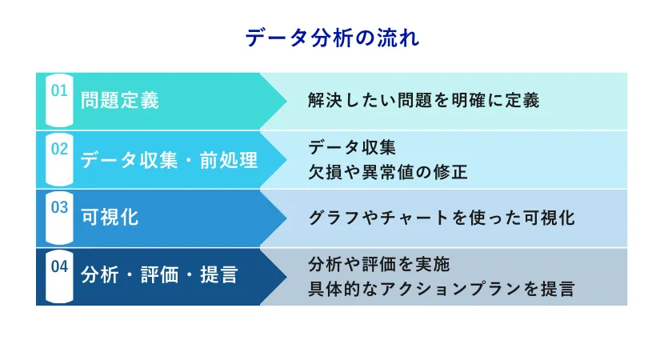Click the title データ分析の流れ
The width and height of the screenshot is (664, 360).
coord(333,38)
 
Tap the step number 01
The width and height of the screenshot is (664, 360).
coord(59,90)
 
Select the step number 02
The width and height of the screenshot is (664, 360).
coord(59,149)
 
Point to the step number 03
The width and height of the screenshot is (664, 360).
coord(59,207)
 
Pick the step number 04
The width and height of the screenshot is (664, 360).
coord(59,266)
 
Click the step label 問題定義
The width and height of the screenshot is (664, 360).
coord(120,100)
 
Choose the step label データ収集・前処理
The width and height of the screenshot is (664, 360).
coord(169,160)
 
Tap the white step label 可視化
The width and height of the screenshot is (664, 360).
coord(110,218)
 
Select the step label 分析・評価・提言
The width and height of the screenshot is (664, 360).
coord(159,275)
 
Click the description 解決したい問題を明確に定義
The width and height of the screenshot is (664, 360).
coord(423,100)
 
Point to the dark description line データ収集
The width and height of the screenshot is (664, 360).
coord(352,147)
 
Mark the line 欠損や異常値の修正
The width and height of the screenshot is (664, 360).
coord(387,172)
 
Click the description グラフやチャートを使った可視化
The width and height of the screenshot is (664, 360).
coord(442,218)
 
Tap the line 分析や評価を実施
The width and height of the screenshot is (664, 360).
coord(379,264)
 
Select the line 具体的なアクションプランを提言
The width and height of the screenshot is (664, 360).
coord(442,289)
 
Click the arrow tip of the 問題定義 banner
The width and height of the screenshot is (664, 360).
coord(286,101)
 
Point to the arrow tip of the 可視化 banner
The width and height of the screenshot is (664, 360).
coord(286,218)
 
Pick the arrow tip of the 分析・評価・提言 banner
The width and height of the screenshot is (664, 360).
coord(286,277)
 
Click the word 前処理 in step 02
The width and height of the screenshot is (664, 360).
coord(229,160)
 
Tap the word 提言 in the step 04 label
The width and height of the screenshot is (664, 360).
coord(219,275)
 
